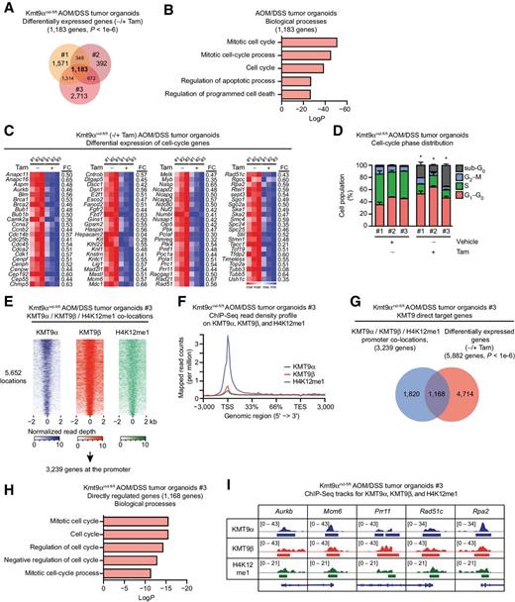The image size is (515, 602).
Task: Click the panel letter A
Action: [7, 8]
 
